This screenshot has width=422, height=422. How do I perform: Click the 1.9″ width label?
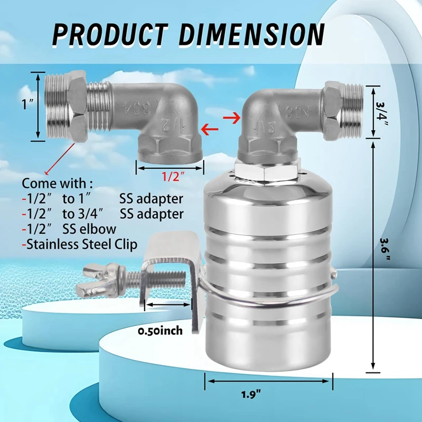click(x=268, y=394)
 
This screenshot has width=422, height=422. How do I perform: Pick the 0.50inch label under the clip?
click(x=160, y=331)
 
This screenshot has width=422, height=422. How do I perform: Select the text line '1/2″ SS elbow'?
click(x=69, y=229)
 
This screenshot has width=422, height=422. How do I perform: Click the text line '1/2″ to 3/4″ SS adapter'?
click(x=103, y=214)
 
